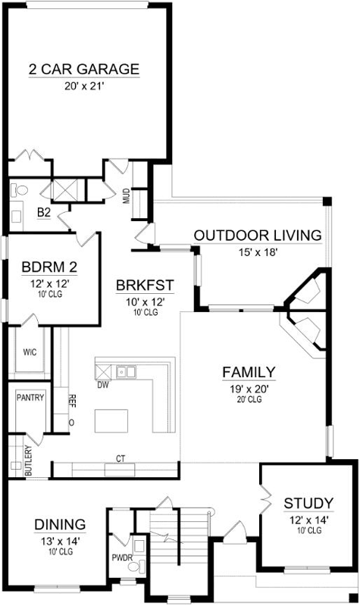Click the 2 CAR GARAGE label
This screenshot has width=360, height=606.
tap(84, 70)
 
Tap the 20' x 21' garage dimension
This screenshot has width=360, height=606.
tap(84, 86)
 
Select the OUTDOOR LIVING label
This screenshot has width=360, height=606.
tap(258, 235)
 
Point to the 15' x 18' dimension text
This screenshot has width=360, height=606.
tap(258, 252)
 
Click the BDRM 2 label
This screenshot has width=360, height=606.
tap(49, 267)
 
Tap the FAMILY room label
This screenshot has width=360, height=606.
tap(249, 372)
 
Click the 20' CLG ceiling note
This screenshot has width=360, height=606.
tap(249, 400)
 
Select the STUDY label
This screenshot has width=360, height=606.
tap(308, 503)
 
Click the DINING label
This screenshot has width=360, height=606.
tap(59, 524)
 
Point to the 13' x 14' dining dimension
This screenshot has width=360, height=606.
tap(59, 541)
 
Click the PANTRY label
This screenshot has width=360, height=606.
tap(30, 397)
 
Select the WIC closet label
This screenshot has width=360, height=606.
tap(30, 351)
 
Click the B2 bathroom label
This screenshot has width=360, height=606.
tap(44, 214)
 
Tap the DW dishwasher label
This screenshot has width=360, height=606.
tap(103, 385)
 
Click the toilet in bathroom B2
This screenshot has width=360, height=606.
tap(20, 190)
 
